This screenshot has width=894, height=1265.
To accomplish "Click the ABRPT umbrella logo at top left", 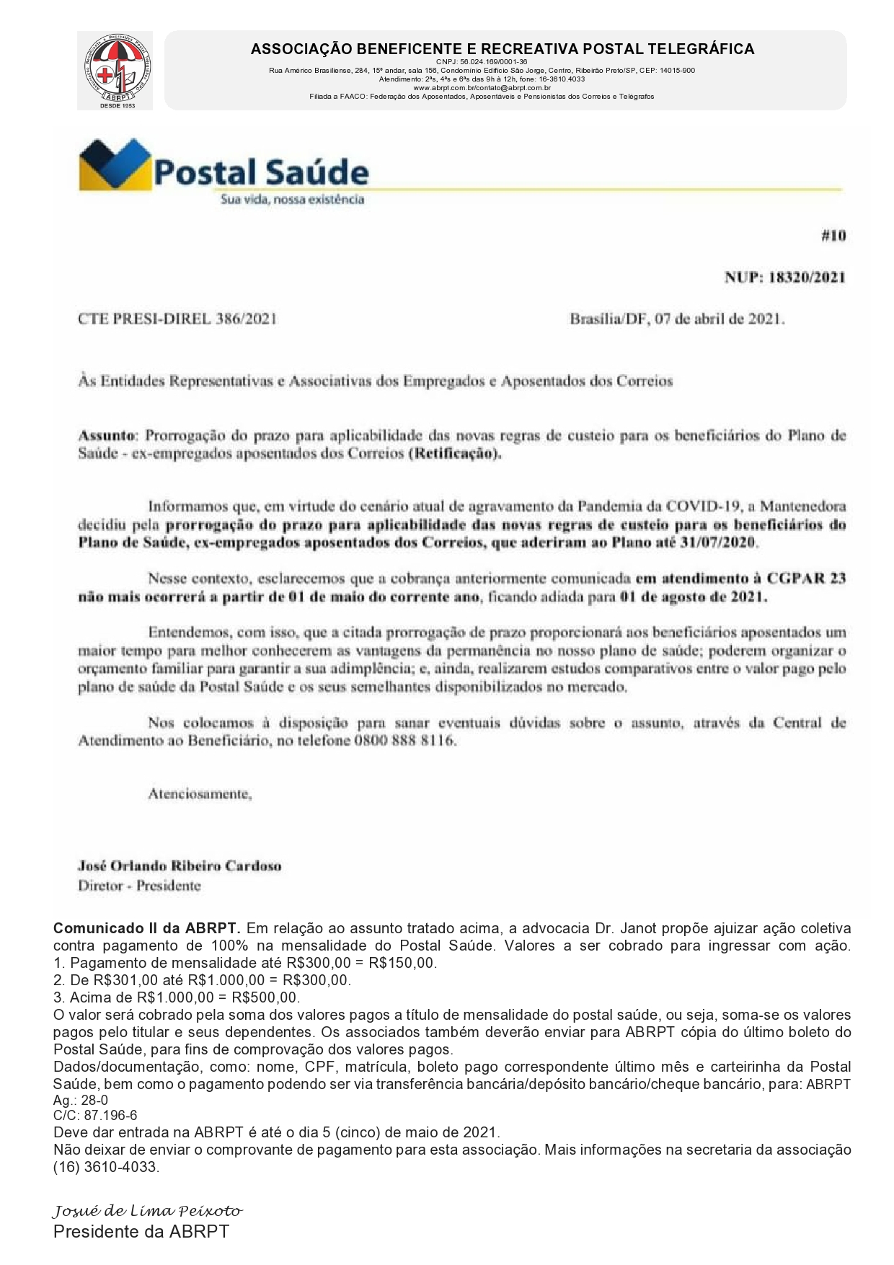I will click(x=115, y=71).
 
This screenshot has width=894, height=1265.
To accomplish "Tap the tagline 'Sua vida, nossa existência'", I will click(x=291, y=200).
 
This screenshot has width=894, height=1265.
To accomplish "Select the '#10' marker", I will click(x=833, y=236).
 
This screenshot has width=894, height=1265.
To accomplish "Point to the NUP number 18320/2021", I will click(x=807, y=278).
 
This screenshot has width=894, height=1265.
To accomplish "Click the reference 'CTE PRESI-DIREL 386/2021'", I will click(x=177, y=319).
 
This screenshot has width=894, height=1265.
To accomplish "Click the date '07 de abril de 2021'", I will click(x=719, y=319).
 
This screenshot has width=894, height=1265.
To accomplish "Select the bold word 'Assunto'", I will click(x=106, y=436).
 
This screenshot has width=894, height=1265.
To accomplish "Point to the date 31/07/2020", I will click(x=718, y=542).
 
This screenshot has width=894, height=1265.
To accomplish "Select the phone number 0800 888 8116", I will click(x=404, y=741).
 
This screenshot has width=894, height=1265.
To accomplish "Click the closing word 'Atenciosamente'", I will click(x=199, y=794).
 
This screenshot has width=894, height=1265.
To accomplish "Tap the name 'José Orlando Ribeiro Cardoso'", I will click(x=180, y=866).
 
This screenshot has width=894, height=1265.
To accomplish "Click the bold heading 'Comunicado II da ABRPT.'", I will click(x=146, y=928).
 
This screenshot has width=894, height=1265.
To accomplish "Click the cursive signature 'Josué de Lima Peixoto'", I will click(x=147, y=1211).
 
